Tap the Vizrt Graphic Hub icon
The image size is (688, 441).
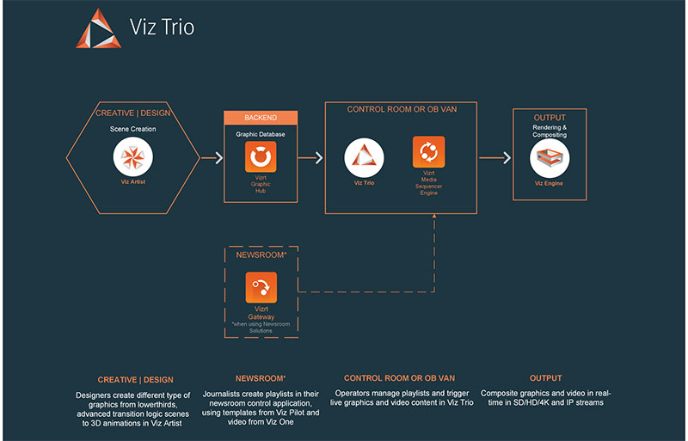260,158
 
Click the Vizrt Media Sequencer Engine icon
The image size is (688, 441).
428,152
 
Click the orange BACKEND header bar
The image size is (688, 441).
261,118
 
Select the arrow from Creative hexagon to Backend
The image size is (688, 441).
210,158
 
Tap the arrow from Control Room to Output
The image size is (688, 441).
490,158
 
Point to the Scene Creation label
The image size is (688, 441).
132,129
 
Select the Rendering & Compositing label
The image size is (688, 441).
549,130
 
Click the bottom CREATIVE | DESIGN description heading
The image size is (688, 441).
135,379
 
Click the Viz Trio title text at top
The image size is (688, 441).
162,28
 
